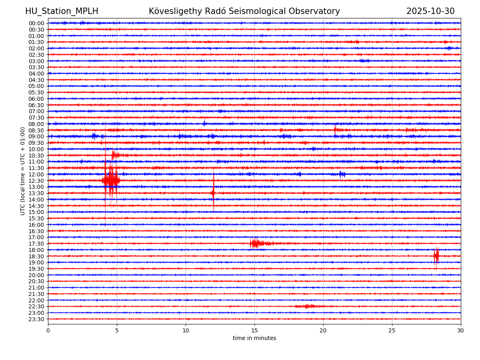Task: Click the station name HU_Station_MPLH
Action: point(62,11)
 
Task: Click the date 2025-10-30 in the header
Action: point(430,11)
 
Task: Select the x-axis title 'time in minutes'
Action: point(254,338)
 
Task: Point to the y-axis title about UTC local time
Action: point(23,171)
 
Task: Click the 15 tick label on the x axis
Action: point(254,330)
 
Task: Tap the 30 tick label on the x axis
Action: point(461,330)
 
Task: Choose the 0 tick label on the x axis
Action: point(48,330)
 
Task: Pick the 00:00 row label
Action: point(36,23)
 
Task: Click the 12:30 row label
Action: point(36,181)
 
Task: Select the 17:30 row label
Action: point(36,244)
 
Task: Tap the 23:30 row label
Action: point(36,319)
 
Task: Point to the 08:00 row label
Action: point(36,124)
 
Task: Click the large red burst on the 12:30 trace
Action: point(111,180)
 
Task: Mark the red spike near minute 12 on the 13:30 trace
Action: point(213,193)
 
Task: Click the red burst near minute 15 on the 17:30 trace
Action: point(256,243)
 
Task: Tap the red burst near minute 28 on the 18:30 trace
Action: point(436,256)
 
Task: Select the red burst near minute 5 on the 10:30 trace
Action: point(115,155)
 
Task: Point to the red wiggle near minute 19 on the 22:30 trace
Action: point(308,306)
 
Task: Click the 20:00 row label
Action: point(36,275)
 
